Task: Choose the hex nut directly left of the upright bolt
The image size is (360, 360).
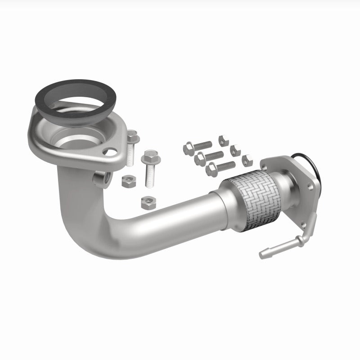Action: pos(128,181)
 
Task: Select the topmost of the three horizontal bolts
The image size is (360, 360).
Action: pos(198,146)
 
